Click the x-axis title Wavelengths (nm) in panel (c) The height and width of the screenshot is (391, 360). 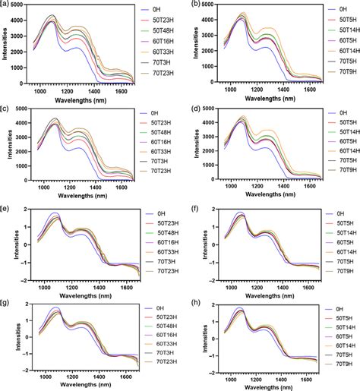coord(76,197)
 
